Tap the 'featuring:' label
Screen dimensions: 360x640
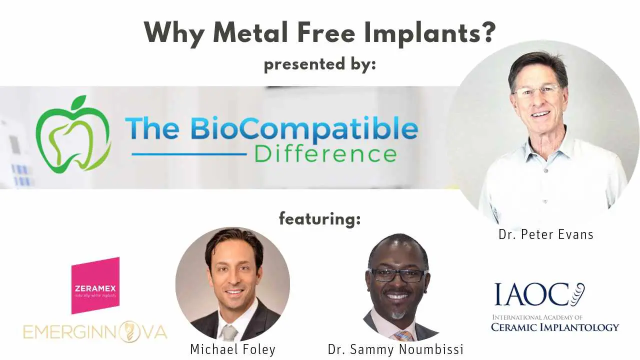[319, 218]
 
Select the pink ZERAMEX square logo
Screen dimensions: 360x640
[95, 285]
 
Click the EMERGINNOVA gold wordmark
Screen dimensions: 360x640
[95, 332]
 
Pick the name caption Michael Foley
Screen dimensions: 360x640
[232, 349]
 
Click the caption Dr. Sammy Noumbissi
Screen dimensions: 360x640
[395, 349]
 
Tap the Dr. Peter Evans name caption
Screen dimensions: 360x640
[545, 234]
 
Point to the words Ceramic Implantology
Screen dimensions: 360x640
[554, 327]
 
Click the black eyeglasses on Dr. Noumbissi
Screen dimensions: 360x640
[398, 275]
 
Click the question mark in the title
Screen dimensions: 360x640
[486, 33]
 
